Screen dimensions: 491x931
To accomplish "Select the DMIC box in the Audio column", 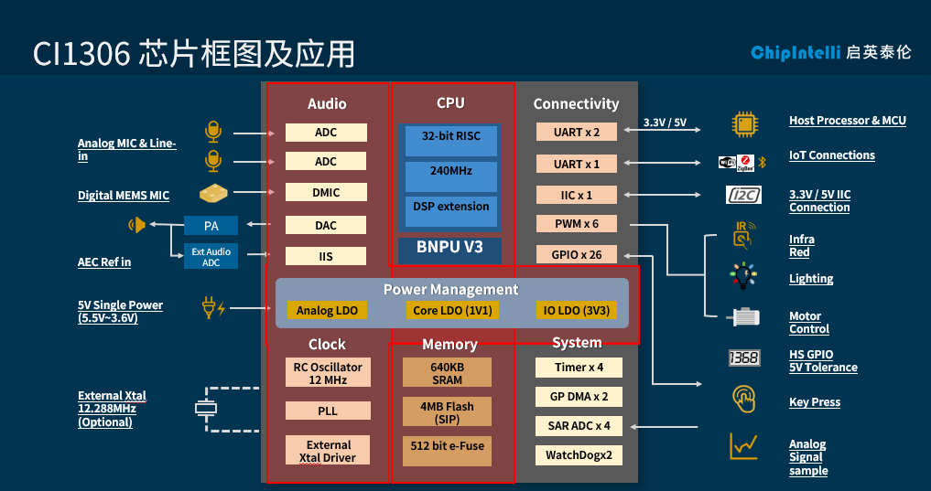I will pos(326,193).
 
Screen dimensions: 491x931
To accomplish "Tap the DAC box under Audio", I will pos(326,225).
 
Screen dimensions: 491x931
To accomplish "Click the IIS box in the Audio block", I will pos(326,257).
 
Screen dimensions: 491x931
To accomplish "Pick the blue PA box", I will pos(211,226).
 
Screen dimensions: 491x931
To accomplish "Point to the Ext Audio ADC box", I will pos(211,257).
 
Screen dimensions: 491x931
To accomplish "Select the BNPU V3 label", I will pos(449,247).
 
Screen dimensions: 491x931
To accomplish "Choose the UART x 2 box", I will pos(577,133).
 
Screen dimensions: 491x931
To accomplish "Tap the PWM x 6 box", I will pos(577,225).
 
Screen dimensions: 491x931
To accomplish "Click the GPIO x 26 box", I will pos(577,255).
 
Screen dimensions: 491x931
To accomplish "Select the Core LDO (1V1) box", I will pos(452,311).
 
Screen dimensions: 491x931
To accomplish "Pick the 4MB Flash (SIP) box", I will pos(447,411).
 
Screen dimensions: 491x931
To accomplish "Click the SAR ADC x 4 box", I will pos(578,426).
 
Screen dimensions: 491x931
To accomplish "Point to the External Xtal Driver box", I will pos(327,451).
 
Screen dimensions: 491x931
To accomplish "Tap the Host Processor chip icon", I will pos(744,123).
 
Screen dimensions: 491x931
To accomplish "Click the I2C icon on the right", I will pos(743,196).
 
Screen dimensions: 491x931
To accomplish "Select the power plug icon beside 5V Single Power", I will pos(213,308).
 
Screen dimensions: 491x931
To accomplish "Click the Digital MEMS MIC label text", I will pos(124,196).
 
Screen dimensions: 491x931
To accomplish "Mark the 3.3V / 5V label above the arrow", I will pos(665,123).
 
